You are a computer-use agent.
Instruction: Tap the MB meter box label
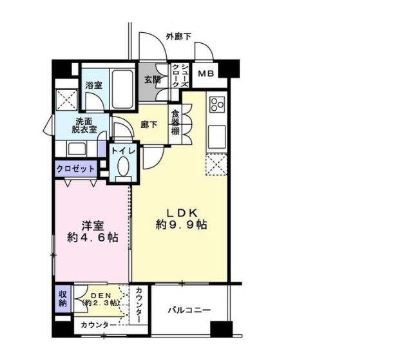click(x=207, y=74)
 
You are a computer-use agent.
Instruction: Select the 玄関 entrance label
click(x=152, y=81)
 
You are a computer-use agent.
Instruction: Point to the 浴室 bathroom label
click(x=94, y=84)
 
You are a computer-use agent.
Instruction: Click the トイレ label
click(x=123, y=150)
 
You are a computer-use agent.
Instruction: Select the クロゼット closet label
click(x=76, y=169)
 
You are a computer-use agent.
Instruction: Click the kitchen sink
click(x=216, y=135)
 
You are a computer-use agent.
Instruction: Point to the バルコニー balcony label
click(x=189, y=310)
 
